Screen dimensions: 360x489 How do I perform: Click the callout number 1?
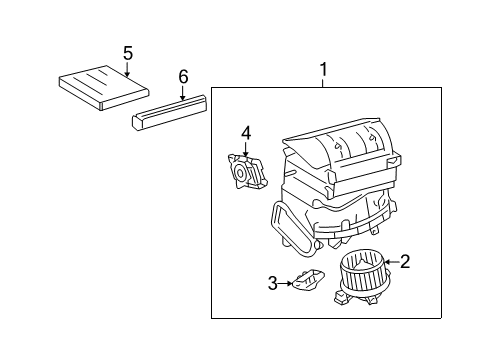pos(323,69)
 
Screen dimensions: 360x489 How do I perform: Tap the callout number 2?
pos(404,261)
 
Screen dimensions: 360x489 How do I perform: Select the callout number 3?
pos(271,285)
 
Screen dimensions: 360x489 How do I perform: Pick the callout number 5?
pos(127,51)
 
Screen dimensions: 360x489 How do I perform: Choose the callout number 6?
pos(182,76)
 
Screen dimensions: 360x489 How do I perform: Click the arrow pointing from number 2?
pos(391,262)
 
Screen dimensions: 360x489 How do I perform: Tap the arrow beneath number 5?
pos(127,67)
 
